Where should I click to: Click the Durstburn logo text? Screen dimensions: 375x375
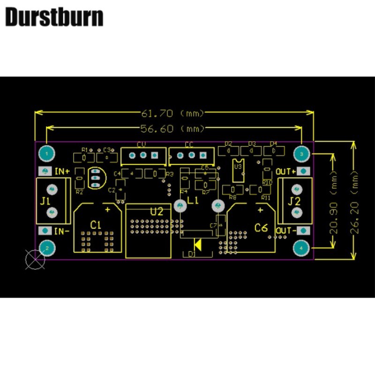point(54,17)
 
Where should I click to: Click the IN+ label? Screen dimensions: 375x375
point(62,171)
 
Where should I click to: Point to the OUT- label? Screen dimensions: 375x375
point(286,231)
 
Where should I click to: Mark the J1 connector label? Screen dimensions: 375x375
point(45,202)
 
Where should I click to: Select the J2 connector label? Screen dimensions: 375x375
point(294,202)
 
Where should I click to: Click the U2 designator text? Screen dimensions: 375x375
point(157,211)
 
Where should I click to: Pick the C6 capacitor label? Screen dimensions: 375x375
point(261,228)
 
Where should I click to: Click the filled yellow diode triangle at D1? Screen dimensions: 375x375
point(198,244)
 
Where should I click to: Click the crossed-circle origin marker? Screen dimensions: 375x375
point(35,260)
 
